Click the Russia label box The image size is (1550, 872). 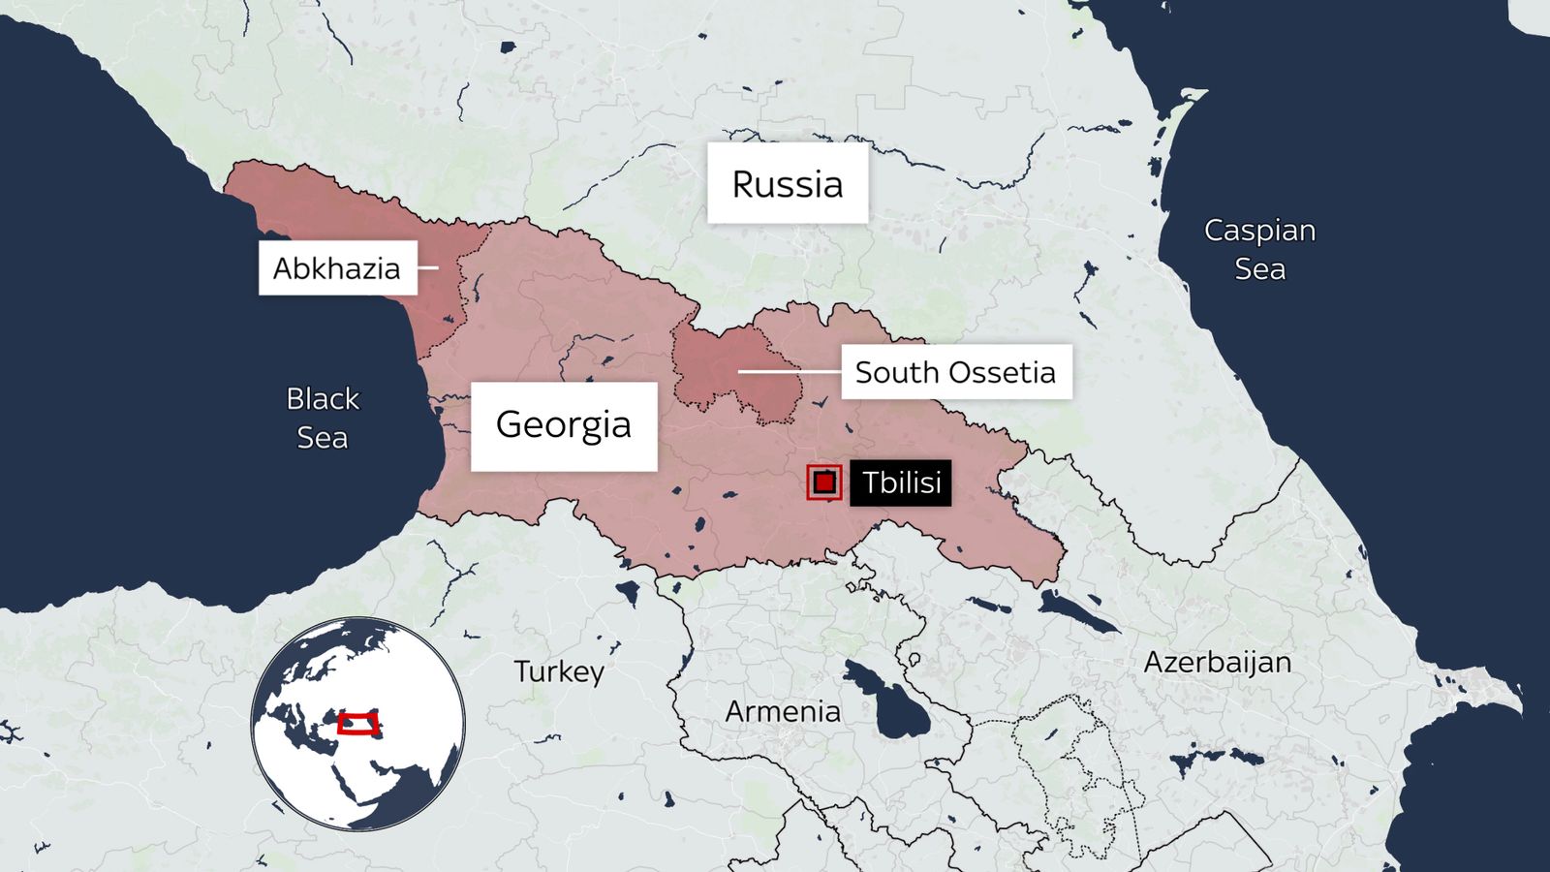tap(787, 184)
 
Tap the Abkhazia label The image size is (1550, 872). tap(337, 268)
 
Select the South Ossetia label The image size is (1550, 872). tap(955, 372)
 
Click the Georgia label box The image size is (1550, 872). tap(564, 425)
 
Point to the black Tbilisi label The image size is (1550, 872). tap(900, 483)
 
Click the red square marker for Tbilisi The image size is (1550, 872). tap(824, 483)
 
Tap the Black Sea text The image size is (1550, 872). tap(323, 418)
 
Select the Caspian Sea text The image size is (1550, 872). tap(1259, 249)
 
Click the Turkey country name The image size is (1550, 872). tap(559, 671)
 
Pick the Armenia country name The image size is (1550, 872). tap(783, 712)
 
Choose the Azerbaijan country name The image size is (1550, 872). tap(1218, 663)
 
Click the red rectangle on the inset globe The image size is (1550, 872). tap(358, 724)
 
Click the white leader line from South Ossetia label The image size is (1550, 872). tap(790, 371)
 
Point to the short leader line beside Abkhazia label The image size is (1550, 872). tap(427, 268)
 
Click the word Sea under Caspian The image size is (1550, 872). tap(1259, 269)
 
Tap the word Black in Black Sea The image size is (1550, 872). tap(323, 398)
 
